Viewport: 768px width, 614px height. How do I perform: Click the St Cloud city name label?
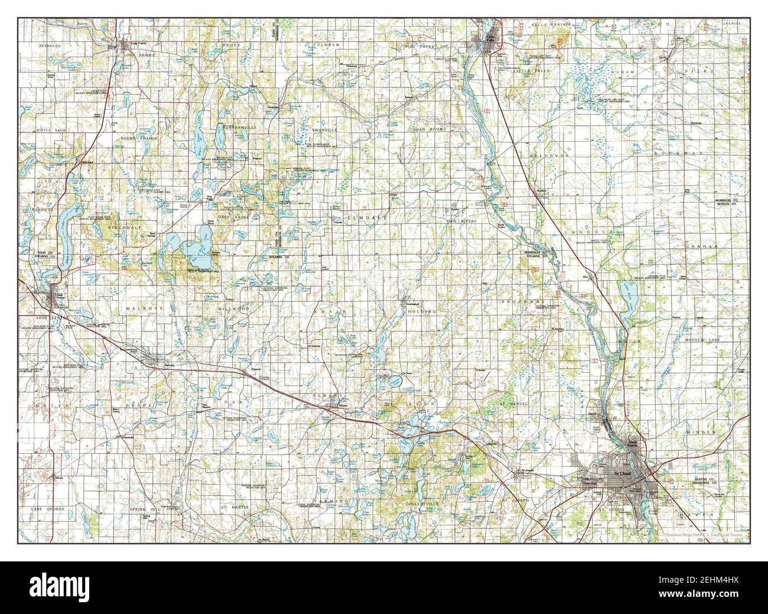point(622,473)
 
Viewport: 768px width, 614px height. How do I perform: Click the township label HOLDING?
point(424,311)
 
